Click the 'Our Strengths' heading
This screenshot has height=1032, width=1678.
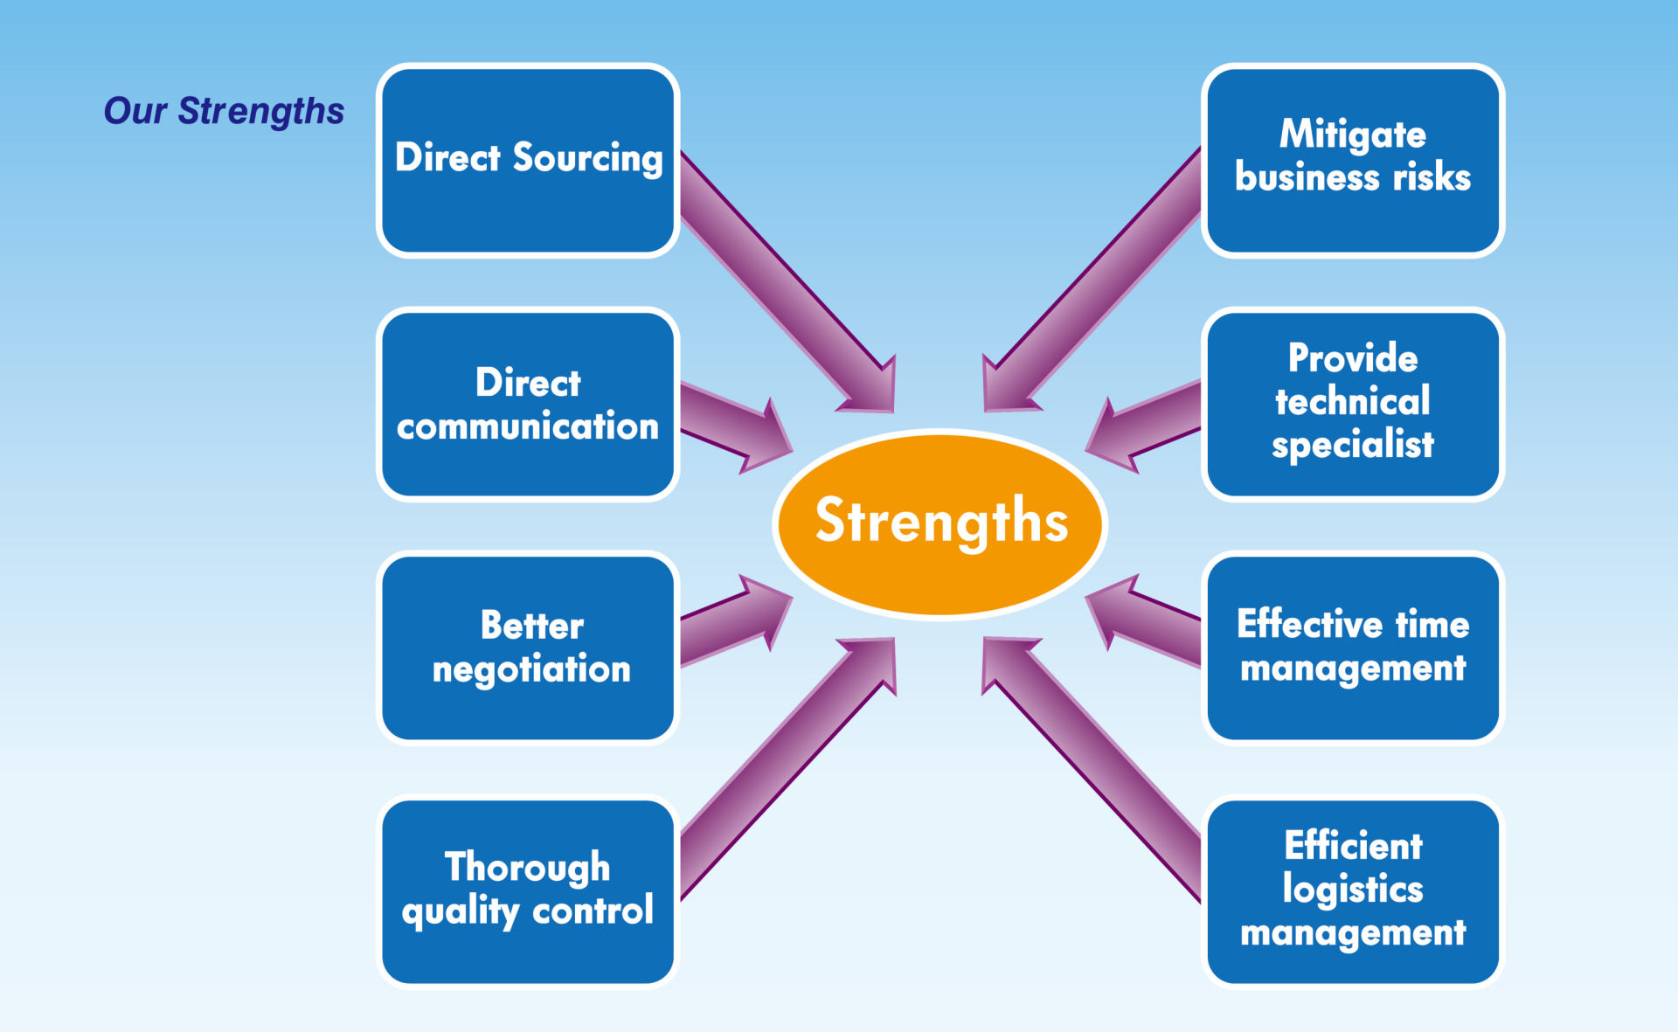point(224,112)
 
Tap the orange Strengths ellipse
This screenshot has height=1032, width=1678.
point(940,523)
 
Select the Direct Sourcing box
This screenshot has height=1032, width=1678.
point(528,161)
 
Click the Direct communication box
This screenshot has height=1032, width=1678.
point(528,404)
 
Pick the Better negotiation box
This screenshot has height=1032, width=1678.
point(528,648)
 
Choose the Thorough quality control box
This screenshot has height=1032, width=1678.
point(528,891)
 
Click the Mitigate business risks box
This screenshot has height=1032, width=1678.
point(1353,161)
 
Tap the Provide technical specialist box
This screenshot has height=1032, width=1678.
point(1353,404)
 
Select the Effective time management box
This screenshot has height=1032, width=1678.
point(1353,648)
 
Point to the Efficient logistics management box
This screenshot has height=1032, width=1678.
point(1353,891)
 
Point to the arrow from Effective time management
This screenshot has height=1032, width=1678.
point(1143,622)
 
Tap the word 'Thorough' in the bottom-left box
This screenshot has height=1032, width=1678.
point(527,868)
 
